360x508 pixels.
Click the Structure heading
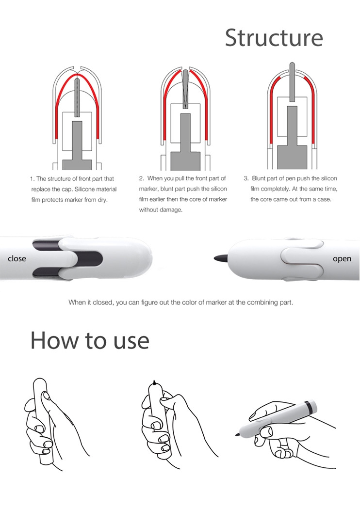(x=274, y=38)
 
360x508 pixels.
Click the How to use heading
(x=90, y=340)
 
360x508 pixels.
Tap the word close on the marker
(x=17, y=258)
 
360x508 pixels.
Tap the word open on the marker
(x=342, y=259)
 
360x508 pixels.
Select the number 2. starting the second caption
(x=141, y=178)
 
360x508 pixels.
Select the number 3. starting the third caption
(x=246, y=178)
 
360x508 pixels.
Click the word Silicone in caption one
(x=84, y=189)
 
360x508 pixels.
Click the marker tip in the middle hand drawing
(x=155, y=382)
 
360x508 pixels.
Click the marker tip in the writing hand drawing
(x=237, y=434)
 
